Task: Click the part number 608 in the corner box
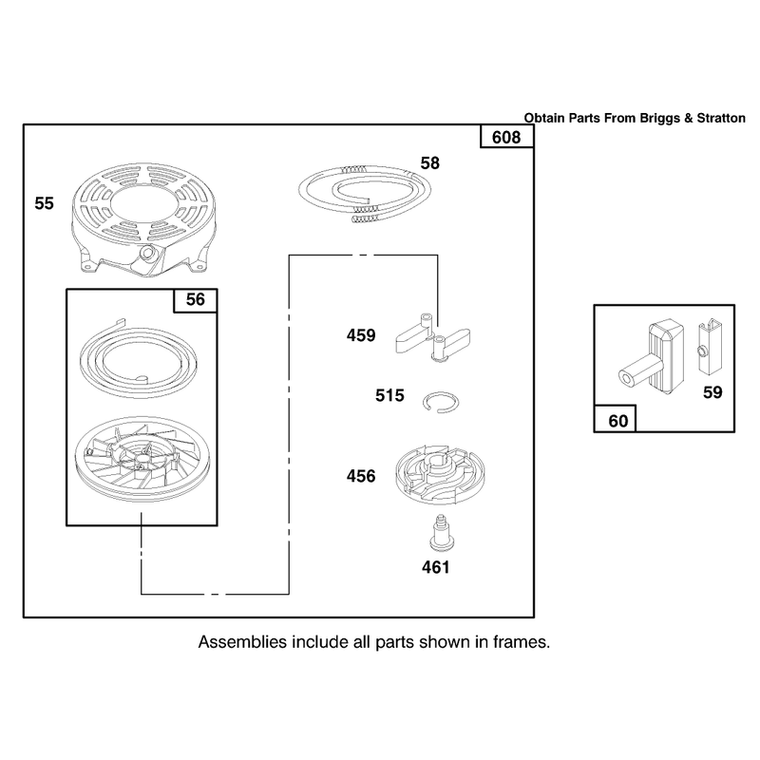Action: click(506, 138)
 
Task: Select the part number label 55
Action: click(44, 203)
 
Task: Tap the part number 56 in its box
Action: click(196, 299)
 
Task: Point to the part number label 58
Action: click(430, 163)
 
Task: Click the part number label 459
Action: click(361, 335)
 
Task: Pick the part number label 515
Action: click(389, 395)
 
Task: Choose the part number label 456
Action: click(361, 476)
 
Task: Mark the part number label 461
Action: click(436, 567)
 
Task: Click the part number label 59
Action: click(712, 392)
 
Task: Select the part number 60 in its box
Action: click(618, 421)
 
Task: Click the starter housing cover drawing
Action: click(145, 220)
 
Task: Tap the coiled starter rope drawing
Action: click(365, 195)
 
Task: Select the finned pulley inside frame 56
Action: click(141, 459)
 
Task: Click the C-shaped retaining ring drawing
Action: click(441, 402)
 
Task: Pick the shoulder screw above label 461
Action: click(442, 533)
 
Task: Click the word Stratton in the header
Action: click(721, 118)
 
